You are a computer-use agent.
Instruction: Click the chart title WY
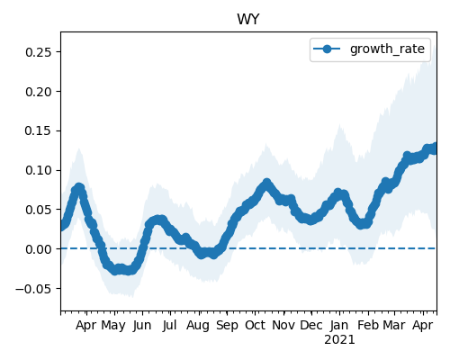(x=247, y=20)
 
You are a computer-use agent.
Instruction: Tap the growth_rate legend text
(x=387, y=49)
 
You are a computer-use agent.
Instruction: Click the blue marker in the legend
(x=327, y=49)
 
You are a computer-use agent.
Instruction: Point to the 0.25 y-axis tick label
(x=39, y=52)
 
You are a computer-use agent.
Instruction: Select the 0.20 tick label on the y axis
(x=39, y=92)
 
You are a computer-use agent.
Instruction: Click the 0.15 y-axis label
(x=39, y=130)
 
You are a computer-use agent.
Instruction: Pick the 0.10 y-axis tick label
(x=39, y=170)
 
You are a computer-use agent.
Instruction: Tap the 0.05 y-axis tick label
(x=39, y=210)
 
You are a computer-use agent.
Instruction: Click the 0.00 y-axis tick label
(x=39, y=249)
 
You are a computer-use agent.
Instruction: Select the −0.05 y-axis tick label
(x=33, y=289)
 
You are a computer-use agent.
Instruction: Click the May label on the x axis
(x=113, y=326)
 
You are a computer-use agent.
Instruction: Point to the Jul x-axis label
(x=169, y=325)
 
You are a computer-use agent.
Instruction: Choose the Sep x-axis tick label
(x=227, y=326)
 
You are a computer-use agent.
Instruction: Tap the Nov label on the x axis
(x=283, y=325)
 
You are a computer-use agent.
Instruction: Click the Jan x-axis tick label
(x=339, y=325)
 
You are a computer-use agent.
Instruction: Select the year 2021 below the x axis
(x=339, y=339)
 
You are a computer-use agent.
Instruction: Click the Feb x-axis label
(x=368, y=325)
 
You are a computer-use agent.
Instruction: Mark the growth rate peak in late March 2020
(x=78, y=188)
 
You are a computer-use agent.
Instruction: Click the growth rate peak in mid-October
(x=266, y=183)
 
